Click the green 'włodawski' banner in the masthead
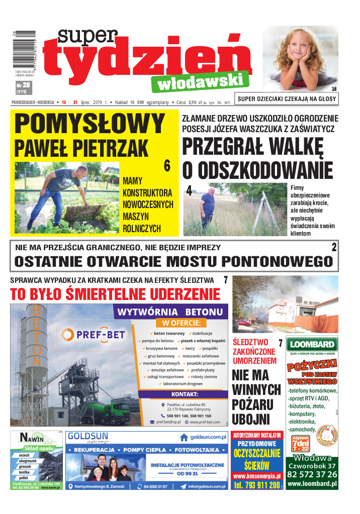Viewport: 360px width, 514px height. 203,81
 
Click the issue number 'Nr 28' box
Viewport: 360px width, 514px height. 23,88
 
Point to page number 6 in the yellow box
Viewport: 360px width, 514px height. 167,166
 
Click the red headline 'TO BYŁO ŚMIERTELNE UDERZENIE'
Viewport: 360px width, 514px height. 115,294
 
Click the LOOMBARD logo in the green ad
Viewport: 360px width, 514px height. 311,345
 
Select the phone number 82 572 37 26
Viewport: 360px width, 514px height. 312,475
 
